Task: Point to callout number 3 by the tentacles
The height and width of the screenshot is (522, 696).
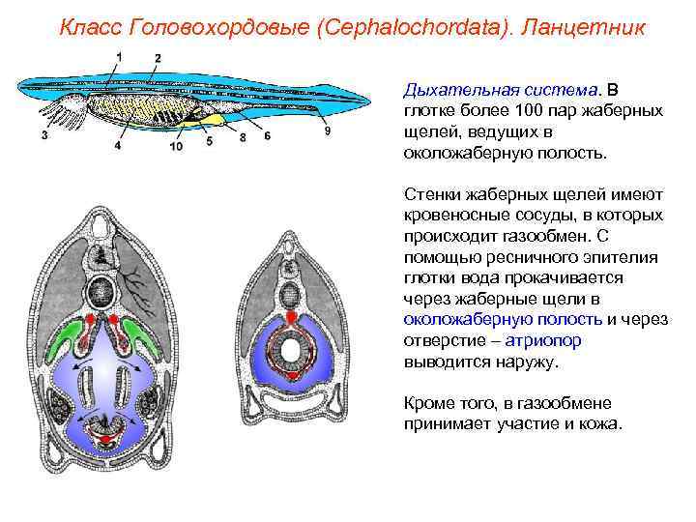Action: [44, 136]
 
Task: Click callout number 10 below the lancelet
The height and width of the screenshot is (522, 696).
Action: [175, 147]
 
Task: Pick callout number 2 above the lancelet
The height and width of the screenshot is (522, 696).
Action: [158, 59]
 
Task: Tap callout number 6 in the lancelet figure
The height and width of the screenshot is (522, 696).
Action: [267, 136]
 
